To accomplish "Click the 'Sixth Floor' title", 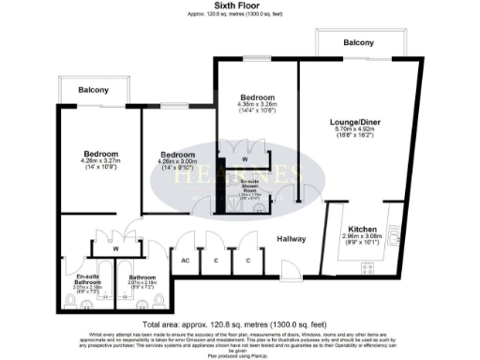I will click(x=239, y=6).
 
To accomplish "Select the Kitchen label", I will click(x=363, y=229).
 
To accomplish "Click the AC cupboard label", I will click(x=186, y=260).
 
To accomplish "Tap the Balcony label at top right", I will click(x=358, y=43).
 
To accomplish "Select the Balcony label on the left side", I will click(x=93, y=90).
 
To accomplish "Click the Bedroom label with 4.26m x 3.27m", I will click(x=100, y=154).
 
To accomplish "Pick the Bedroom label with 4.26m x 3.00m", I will click(x=176, y=155).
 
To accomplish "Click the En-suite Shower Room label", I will click(x=248, y=187).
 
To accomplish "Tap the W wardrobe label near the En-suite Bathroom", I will click(x=114, y=249).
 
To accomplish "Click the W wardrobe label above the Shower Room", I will click(x=244, y=143).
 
